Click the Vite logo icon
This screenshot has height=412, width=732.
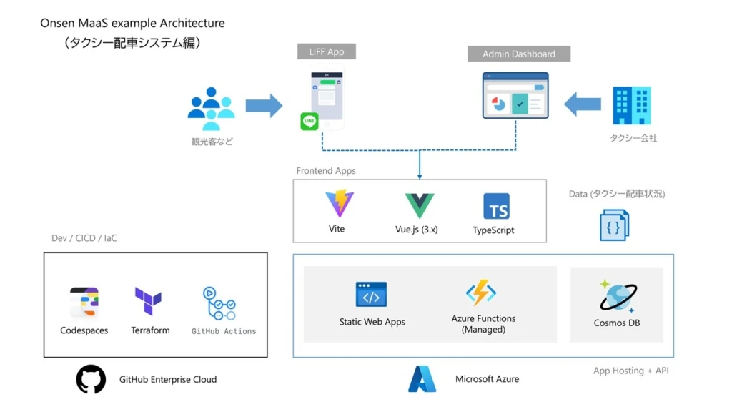coord(339,204)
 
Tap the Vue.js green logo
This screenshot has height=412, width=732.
coord(420,206)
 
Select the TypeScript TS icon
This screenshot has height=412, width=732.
coord(496,206)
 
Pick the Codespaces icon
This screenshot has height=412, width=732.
coord(84,303)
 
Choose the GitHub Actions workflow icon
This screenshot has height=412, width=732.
coord(219,304)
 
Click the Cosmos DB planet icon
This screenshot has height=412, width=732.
coord(617,295)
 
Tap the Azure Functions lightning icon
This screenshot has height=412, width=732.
coord(481,293)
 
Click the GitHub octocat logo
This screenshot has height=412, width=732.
coord(91,379)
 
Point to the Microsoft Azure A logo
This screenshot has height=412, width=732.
coord(422,379)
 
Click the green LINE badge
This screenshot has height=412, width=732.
coord(310,122)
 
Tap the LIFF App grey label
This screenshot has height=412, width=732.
coord(327,52)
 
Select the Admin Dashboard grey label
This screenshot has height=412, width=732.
coord(519,54)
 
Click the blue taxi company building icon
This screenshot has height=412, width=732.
coord(631,106)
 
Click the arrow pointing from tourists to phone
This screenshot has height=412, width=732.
coord(264,105)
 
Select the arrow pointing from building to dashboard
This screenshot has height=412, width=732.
coord(582,104)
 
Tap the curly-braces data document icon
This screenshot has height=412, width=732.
coord(613,225)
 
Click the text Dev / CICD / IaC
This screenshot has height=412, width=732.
coord(84,238)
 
